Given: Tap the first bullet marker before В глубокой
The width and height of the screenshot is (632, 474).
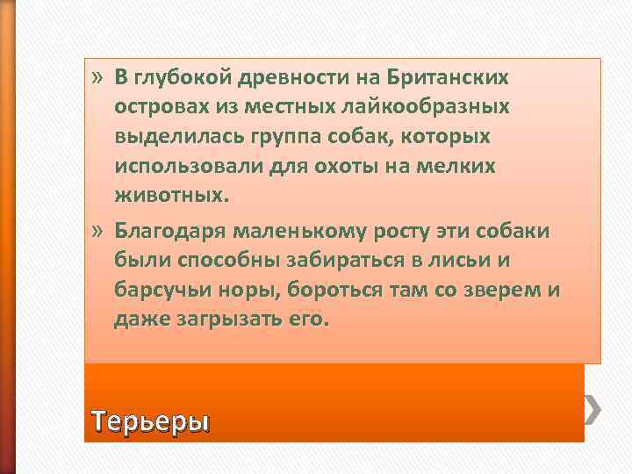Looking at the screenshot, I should (x=97, y=77).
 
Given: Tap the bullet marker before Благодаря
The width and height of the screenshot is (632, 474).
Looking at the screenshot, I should (x=97, y=232).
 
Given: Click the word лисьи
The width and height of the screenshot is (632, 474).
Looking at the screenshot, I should (x=472, y=262).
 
